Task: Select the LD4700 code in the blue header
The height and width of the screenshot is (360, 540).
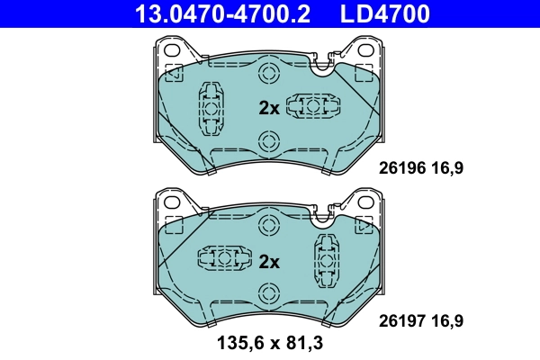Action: pos(384,13)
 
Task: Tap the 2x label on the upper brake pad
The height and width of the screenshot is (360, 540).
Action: pos(269,108)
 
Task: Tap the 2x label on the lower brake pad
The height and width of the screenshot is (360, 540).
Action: pos(269,262)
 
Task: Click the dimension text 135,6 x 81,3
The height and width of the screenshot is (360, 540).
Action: pos(269,343)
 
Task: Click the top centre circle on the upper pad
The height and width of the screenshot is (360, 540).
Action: pos(267,74)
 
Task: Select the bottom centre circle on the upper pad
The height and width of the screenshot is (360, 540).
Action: pos(267,140)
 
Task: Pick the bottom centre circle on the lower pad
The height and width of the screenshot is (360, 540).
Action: pos(267,292)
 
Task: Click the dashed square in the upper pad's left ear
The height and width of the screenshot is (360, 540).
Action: pos(173,73)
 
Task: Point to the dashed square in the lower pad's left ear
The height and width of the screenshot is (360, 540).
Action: pos(173,225)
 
